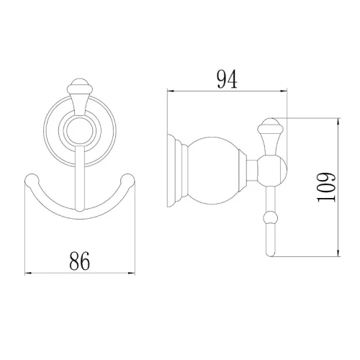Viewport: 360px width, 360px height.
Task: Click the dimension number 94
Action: [227, 79]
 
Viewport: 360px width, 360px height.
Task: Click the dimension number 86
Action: [80, 261]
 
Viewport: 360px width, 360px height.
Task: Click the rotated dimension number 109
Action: [326, 187]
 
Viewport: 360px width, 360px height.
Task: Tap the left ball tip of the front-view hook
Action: [32, 180]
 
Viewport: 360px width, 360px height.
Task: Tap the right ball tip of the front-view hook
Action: [127, 180]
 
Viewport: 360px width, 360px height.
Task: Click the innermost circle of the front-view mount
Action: [80, 132]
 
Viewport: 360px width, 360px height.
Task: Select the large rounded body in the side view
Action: [215, 171]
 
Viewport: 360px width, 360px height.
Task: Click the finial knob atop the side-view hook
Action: [271, 126]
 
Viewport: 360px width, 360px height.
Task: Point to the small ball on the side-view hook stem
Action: [271, 217]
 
